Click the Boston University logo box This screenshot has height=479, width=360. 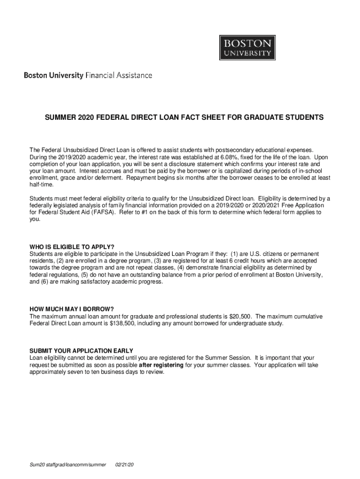pyautogui.click(x=245, y=47)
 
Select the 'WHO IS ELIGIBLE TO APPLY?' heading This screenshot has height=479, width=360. pyautogui.click(x=72, y=247)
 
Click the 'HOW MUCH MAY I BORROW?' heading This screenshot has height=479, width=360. pyautogui.click(x=72, y=309)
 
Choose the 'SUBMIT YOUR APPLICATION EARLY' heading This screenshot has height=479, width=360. pyautogui.click(x=81, y=351)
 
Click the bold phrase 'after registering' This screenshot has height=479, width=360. pyautogui.click(x=161, y=365)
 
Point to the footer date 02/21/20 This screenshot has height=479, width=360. pyautogui.click(x=125, y=465)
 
